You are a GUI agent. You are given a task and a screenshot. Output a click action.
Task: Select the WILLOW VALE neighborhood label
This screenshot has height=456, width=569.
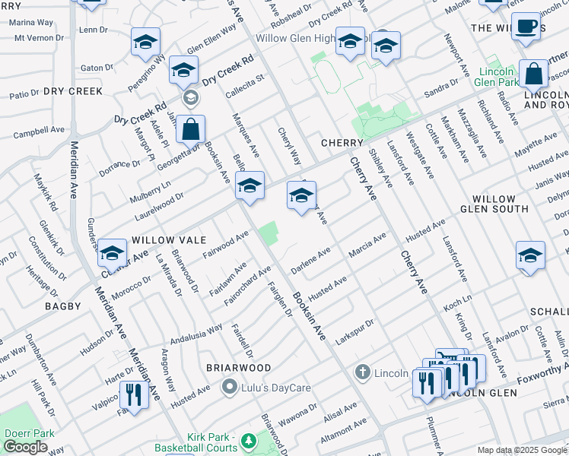[169, 239]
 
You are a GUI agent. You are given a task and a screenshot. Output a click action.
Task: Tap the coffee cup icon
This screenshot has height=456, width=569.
[526, 27]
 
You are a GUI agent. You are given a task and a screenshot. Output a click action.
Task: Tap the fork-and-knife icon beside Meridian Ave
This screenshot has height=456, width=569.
[134, 394]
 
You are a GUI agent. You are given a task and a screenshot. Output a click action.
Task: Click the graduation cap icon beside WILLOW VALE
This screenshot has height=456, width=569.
[112, 253]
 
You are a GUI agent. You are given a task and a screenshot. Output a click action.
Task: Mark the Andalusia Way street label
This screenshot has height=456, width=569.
[195, 334]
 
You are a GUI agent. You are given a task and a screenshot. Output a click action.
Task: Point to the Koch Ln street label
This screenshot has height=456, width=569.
[458, 303]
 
